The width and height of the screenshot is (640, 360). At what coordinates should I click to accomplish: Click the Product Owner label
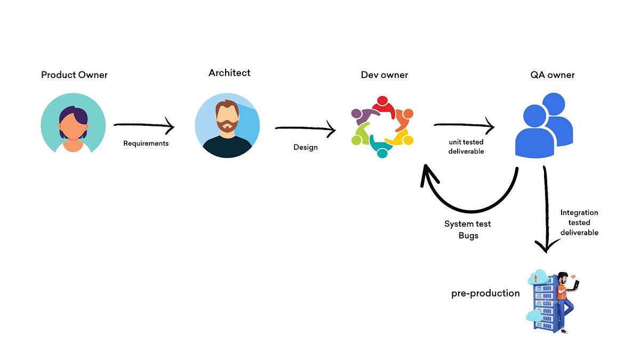point(74,75)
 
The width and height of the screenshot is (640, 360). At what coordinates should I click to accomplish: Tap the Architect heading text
point(229,73)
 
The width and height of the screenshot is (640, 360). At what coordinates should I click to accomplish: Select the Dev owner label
point(384,75)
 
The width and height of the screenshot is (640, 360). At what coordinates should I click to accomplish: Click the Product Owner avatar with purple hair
point(73,124)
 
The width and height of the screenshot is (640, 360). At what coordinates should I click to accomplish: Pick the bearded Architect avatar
point(227,126)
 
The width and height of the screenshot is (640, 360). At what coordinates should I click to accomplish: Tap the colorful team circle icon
point(382,126)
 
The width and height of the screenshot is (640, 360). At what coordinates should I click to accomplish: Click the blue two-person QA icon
point(543,125)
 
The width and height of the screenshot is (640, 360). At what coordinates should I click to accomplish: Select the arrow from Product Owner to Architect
point(144,126)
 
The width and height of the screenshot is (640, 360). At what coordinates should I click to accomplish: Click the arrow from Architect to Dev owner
point(305,129)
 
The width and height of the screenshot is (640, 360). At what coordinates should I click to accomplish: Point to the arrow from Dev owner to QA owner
point(464,126)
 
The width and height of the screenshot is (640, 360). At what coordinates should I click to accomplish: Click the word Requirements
point(146,143)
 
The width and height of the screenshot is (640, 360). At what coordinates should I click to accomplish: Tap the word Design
point(305,147)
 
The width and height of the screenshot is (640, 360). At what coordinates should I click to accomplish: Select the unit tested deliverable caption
point(466,147)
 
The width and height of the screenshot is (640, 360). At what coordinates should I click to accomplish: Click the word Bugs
point(468,235)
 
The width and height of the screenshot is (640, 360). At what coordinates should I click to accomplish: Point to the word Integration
point(579,212)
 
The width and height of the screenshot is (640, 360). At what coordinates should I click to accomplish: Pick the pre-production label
point(485,293)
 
